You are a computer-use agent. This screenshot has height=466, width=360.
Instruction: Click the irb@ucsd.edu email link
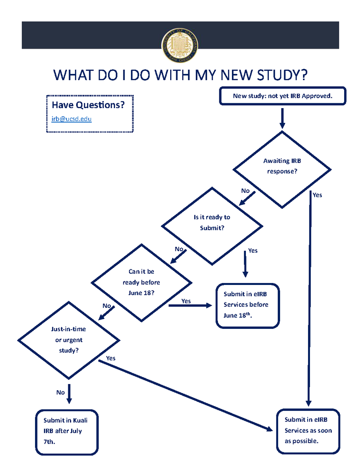click(72, 119)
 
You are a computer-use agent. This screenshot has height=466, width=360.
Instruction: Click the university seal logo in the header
click(180, 45)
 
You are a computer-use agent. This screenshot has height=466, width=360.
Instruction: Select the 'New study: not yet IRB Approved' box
click(282, 96)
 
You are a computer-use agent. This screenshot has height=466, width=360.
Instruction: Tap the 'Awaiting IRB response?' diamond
click(282, 166)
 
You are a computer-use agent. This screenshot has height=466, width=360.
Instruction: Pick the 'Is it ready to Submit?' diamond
click(212, 223)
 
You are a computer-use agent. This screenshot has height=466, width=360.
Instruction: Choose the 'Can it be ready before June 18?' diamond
click(141, 282)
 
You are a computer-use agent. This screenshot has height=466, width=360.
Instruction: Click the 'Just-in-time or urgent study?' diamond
click(68, 340)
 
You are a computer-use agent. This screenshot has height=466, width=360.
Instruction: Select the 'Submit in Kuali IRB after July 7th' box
click(65, 431)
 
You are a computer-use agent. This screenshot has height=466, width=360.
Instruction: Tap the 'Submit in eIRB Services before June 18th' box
click(247, 305)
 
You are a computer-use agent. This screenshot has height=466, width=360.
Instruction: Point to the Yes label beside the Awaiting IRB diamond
click(317, 195)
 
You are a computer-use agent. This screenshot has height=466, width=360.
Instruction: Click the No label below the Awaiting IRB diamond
click(245, 191)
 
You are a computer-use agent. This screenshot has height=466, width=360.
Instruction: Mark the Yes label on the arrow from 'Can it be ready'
click(186, 301)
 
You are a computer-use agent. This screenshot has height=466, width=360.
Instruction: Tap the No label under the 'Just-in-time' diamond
click(60, 393)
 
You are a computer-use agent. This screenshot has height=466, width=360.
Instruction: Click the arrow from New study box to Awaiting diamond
click(282, 118)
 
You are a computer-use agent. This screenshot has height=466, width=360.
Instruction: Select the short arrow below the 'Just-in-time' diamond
click(69, 393)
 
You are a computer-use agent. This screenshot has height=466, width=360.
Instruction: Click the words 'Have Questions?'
click(88, 105)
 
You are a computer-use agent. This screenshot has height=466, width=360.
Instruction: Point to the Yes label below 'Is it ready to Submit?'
click(252, 251)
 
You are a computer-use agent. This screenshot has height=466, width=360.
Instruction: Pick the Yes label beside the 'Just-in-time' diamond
click(111, 358)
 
